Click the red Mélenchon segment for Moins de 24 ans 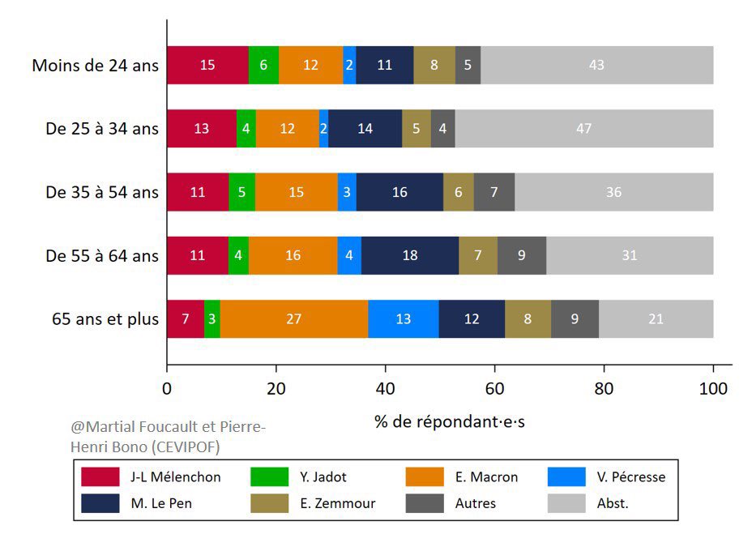(208, 65)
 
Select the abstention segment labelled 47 (584, 129)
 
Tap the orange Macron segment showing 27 (294, 318)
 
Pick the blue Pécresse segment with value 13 (404, 318)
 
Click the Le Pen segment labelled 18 (410, 255)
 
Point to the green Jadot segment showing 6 (264, 65)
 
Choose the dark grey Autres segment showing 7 (494, 192)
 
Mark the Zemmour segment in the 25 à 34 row (417, 129)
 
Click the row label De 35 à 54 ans (102, 192)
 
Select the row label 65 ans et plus (105, 319)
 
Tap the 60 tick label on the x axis (494, 388)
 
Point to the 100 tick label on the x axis (713, 388)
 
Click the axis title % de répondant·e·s (450, 422)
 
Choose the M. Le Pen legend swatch (100, 503)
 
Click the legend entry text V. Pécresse (631, 477)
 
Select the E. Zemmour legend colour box (270, 503)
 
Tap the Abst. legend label (613, 503)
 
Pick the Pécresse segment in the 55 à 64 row (349, 255)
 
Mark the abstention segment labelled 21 (656, 318)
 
